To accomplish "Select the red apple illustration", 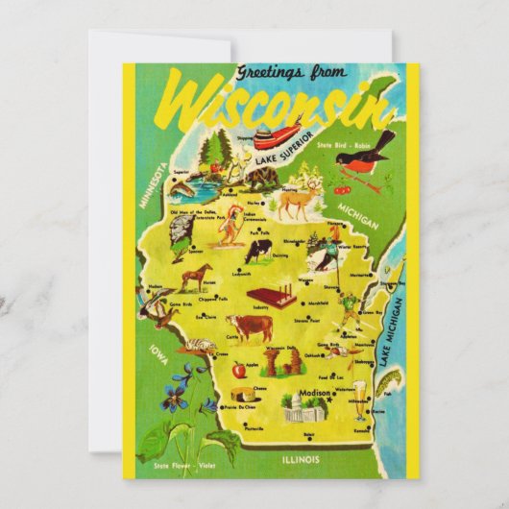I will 237,368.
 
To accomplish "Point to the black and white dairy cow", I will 257,251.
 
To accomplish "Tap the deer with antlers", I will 301,203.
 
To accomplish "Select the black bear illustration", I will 260,177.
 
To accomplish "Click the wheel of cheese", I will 246,394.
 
